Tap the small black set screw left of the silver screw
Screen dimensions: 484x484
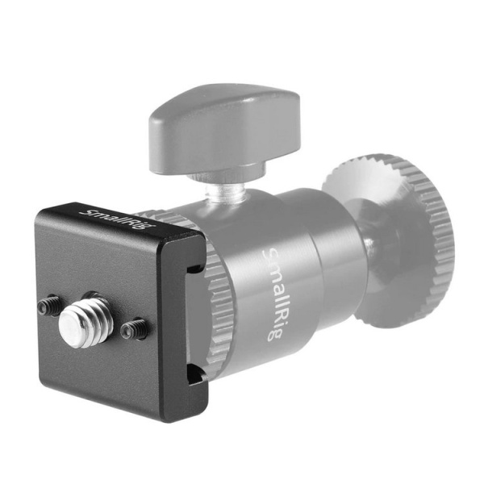(x=48, y=306)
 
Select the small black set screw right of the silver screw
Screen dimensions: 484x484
(x=134, y=328)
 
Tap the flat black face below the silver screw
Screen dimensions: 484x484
(x=105, y=375)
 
